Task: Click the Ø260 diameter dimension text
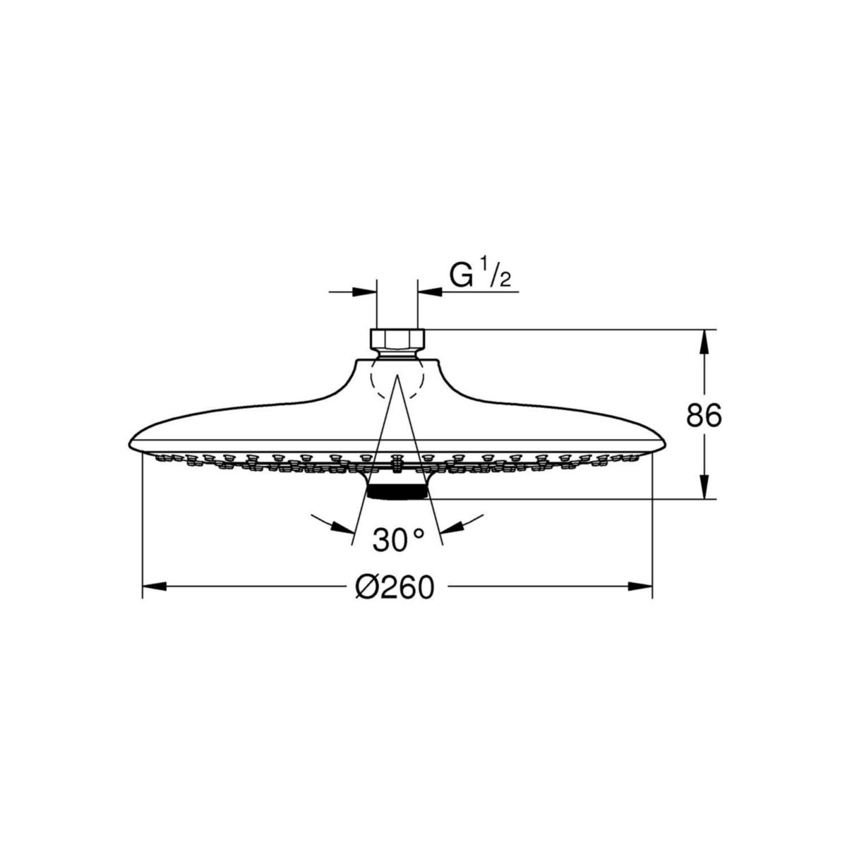click(x=395, y=586)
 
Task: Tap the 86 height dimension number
click(x=704, y=416)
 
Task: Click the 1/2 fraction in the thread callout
click(x=499, y=277)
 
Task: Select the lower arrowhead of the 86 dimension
click(x=704, y=488)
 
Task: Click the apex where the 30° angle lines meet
click(x=396, y=376)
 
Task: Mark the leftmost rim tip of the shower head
click(x=130, y=444)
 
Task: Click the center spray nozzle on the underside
click(x=396, y=462)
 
